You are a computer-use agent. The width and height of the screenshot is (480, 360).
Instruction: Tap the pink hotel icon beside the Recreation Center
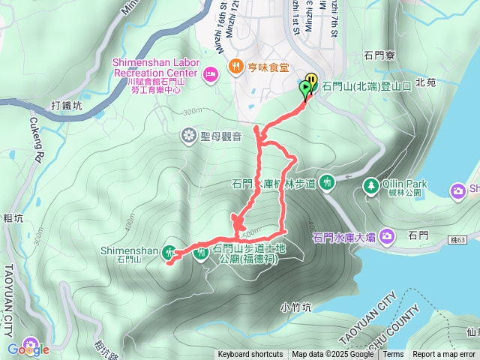click(211, 73)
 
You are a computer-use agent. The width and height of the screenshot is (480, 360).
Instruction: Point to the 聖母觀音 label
click(220, 136)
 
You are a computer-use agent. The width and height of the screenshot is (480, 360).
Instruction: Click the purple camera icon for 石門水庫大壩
click(387, 237)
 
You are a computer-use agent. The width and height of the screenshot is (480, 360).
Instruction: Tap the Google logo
click(28, 349)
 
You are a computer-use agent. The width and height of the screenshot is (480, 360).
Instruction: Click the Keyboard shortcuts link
click(250, 355)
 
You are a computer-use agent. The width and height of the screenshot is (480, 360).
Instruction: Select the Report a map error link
click(444, 355)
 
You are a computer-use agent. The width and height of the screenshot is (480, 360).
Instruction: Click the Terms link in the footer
click(393, 355)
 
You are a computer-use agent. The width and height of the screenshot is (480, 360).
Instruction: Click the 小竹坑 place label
click(295, 307)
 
